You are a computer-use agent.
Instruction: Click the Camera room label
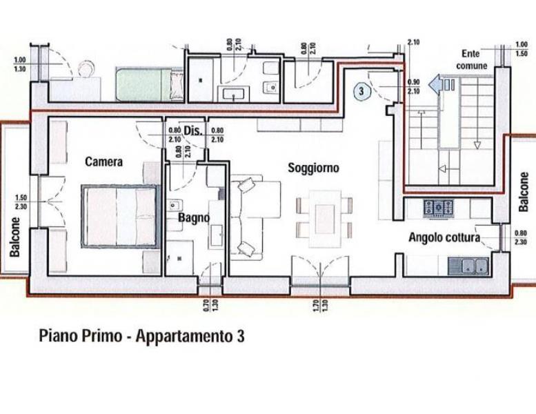click(x=103, y=161)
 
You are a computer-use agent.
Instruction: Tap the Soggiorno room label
click(x=313, y=168)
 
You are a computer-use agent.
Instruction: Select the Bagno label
click(x=189, y=218)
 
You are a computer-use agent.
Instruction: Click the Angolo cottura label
click(x=444, y=237)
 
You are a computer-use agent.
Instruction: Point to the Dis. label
click(x=192, y=130)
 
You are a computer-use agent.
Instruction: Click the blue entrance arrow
click(x=436, y=84)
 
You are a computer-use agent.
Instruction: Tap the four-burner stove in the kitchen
click(x=438, y=207)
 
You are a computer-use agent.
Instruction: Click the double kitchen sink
click(x=468, y=265)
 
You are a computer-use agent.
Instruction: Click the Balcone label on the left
click(x=14, y=237)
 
